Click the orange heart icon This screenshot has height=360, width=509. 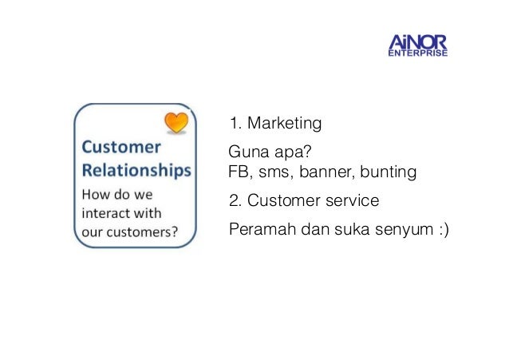point(176,122)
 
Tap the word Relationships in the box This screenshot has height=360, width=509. point(136,170)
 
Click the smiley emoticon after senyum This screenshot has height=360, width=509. point(441,230)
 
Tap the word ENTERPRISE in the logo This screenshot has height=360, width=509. point(417,54)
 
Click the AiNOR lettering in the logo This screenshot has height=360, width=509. point(416,40)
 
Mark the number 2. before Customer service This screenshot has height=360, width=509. point(235,200)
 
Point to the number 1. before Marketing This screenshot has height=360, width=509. point(235,124)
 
